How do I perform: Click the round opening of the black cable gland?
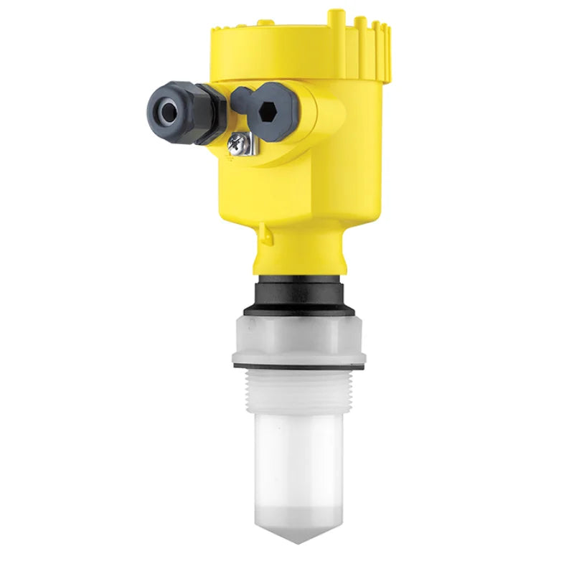tap(167, 112)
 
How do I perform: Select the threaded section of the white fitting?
tap(299, 391)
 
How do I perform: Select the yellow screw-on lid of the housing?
tap(287, 50)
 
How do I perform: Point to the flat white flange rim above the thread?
tap(299, 356)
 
